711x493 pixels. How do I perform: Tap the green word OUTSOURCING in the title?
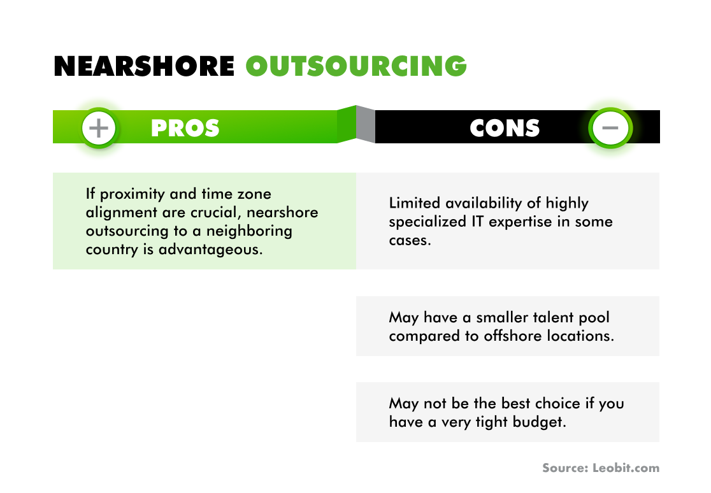pyautogui.click(x=356, y=66)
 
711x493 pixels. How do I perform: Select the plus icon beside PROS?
pyautogui.click(x=99, y=128)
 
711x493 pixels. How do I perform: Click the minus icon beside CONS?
pyautogui.click(x=610, y=128)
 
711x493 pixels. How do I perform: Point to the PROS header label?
pyautogui.click(x=185, y=128)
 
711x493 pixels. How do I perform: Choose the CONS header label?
pyautogui.click(x=505, y=128)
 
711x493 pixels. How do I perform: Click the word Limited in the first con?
pyautogui.click(x=415, y=203)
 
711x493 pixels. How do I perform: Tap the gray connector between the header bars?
pyautogui.click(x=365, y=125)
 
